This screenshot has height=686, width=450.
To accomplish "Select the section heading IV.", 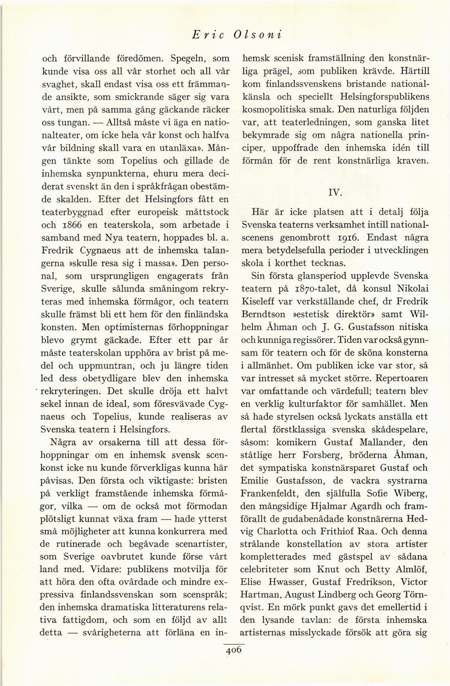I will point(335,193).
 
